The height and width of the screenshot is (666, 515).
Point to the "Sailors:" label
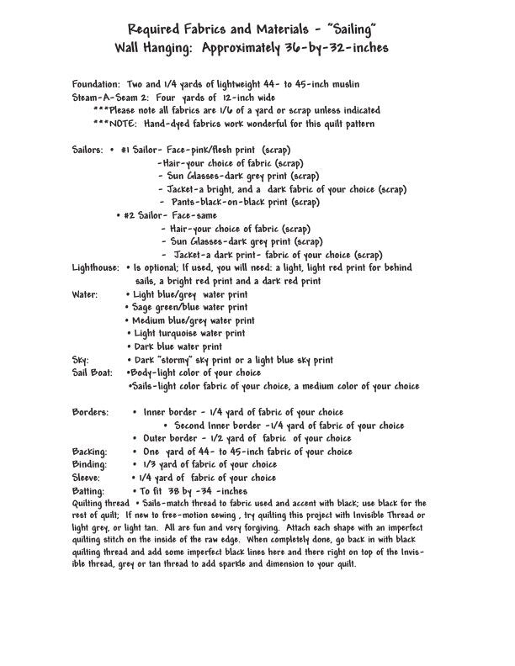coord(88,149)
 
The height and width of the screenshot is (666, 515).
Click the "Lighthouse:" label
coord(96,267)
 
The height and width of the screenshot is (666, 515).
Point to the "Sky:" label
coord(82,359)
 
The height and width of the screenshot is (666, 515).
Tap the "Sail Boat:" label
coord(93,372)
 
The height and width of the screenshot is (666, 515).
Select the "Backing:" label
coord(90,451)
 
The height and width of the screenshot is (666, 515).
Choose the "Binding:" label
coord(89,464)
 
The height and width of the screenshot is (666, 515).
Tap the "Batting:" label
coord(88,490)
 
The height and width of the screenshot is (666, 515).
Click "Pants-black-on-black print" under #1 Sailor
coord(244,202)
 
